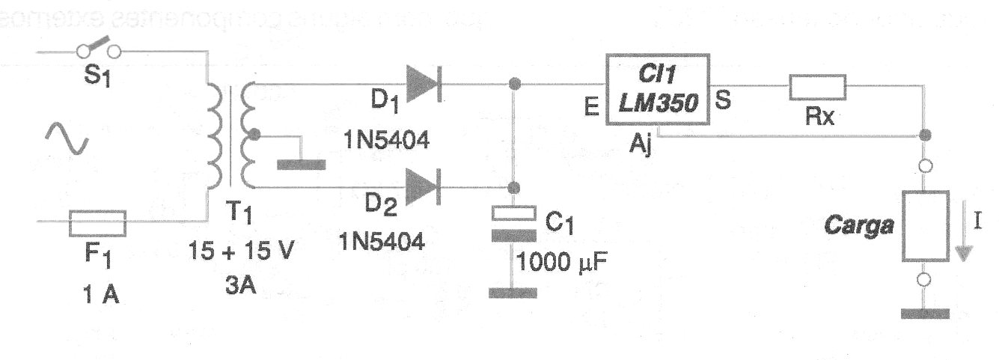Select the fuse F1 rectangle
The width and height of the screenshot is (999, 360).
coord(97,222)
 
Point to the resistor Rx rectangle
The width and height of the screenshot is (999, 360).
coord(817,88)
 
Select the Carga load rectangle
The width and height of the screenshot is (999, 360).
coord(924,226)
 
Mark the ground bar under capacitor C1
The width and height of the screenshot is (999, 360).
coord(513,292)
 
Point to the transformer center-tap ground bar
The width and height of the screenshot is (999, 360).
coord(301,164)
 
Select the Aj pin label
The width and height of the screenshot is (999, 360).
coord(641,146)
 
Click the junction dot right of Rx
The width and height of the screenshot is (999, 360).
coord(925,135)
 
